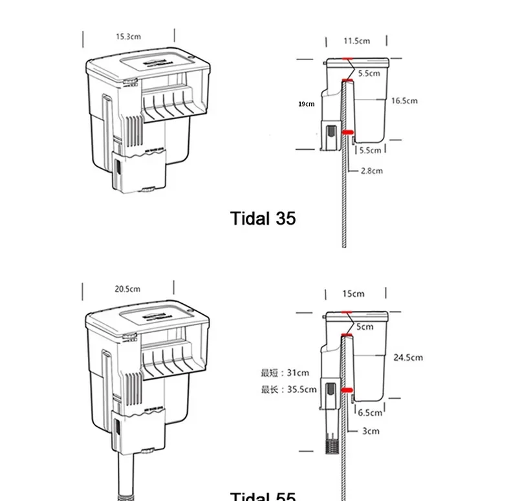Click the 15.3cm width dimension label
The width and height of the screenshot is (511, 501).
pos(128,36)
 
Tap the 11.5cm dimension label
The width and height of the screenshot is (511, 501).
pos(356,41)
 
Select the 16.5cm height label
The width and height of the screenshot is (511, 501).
pos(404,101)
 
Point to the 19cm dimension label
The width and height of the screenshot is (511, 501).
pos(306,103)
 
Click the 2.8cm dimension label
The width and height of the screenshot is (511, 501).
pos(372,171)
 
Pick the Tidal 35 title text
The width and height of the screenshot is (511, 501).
pos(263,219)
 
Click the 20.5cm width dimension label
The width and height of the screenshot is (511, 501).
pos(127,289)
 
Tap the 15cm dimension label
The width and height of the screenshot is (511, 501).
pos(353,293)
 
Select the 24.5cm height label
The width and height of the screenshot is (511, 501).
pos(408,357)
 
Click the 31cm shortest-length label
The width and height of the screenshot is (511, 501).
pos(285,372)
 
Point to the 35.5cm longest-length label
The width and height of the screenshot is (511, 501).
pos(288,389)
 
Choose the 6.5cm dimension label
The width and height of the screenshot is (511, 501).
pos(370,412)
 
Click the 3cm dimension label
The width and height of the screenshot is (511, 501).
pos(371,431)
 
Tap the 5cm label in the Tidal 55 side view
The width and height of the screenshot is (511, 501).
pos(366,326)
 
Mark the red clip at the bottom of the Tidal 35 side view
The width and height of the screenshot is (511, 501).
pos(347,132)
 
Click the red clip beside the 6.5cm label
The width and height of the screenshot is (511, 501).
pos(347,390)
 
